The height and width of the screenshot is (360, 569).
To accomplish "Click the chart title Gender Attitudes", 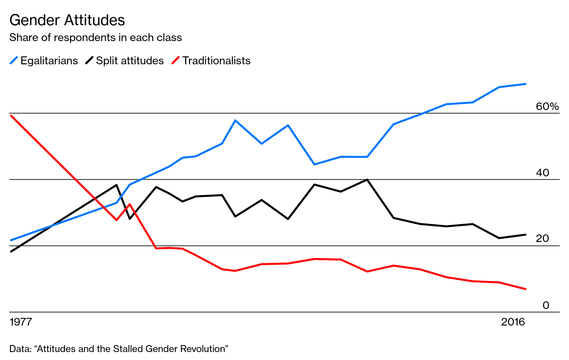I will pyautogui.click(x=67, y=21).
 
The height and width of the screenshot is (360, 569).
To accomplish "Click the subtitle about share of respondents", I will pyautogui.click(x=95, y=37).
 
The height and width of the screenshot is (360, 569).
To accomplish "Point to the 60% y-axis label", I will pyautogui.click(x=547, y=106).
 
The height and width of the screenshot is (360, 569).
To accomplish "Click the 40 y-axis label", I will pyautogui.click(x=542, y=173).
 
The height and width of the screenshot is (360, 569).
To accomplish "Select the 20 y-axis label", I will pyautogui.click(x=542, y=238).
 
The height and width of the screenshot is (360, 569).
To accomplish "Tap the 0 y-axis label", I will pyautogui.click(x=546, y=305).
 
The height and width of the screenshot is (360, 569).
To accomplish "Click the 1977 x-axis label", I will pyautogui.click(x=21, y=322).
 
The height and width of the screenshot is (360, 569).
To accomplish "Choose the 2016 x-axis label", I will pyautogui.click(x=513, y=322).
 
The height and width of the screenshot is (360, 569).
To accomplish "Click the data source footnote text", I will pyautogui.click(x=119, y=349).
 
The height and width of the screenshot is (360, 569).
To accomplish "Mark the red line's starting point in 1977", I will pyautogui.click(x=11, y=115).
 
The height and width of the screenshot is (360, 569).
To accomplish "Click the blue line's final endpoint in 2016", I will pyautogui.click(x=526, y=84).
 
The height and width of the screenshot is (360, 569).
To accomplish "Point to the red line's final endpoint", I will pyautogui.click(x=526, y=289).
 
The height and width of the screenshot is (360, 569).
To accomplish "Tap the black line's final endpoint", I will pyautogui.click(x=526, y=235).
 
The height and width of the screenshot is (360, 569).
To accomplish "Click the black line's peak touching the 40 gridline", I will pyautogui.click(x=367, y=180).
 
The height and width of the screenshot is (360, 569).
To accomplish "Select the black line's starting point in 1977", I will pyautogui.click(x=11, y=252).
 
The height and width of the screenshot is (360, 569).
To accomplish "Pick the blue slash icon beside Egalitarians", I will pyautogui.click(x=14, y=61).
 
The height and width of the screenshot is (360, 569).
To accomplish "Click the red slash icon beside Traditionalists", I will pyautogui.click(x=175, y=61).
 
